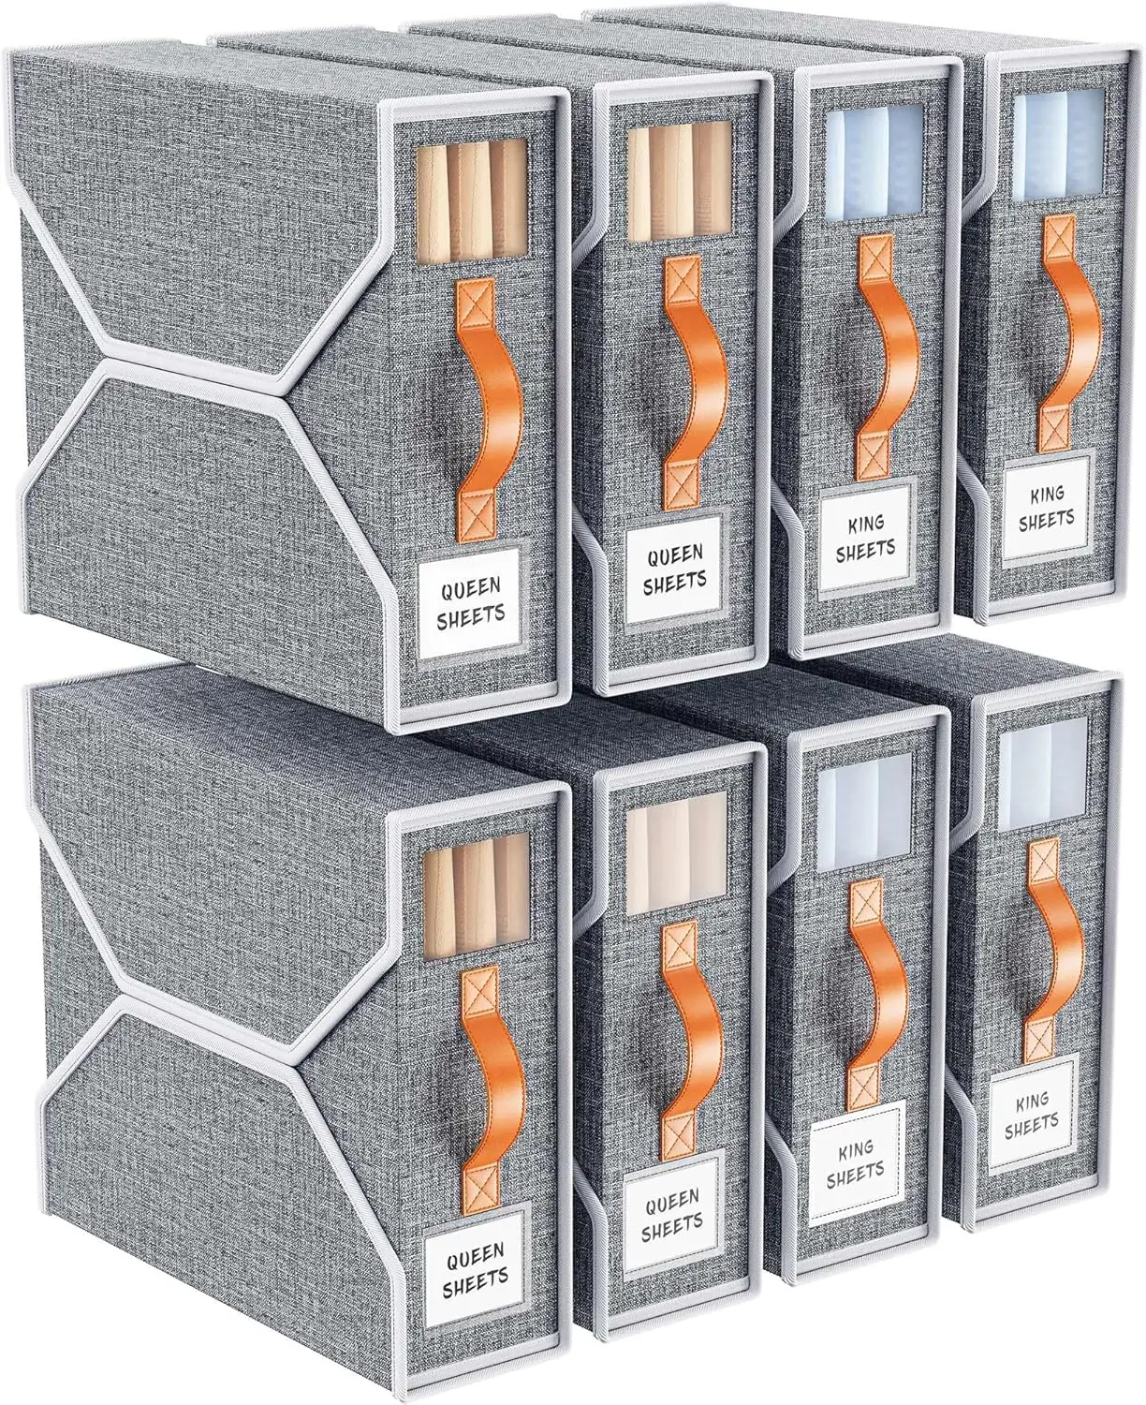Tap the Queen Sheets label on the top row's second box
point(673,567)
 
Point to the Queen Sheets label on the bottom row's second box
point(673,1210)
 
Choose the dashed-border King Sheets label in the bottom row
point(855,1162)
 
